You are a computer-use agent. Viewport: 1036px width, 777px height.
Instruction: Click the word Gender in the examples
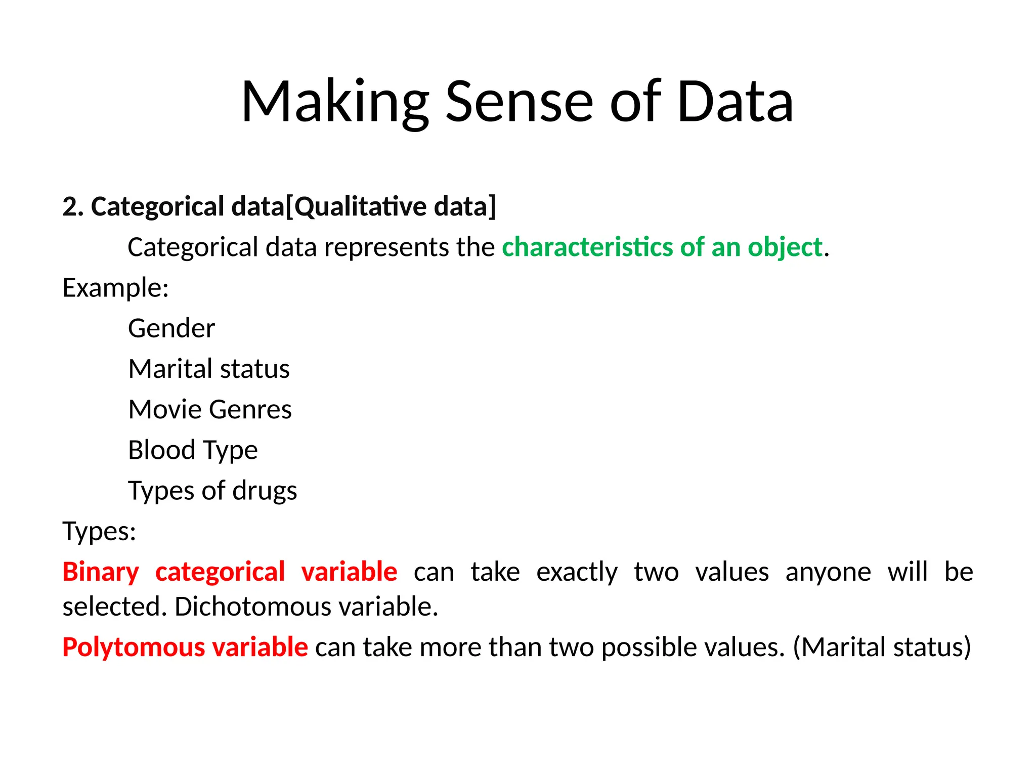pyautogui.click(x=171, y=328)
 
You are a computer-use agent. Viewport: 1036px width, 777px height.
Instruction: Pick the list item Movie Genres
pyautogui.click(x=210, y=409)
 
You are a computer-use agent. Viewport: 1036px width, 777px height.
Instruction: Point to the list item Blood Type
pyautogui.click(x=193, y=450)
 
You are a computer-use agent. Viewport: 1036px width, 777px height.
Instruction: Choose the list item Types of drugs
pyautogui.click(x=212, y=491)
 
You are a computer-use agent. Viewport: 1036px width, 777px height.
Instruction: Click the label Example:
pyautogui.click(x=115, y=288)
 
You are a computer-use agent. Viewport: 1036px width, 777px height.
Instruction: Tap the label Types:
pyautogui.click(x=99, y=531)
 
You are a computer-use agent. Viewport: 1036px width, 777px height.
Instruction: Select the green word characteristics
pyautogui.click(x=587, y=247)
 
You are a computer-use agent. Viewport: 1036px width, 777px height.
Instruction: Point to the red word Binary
pyautogui.click(x=101, y=572)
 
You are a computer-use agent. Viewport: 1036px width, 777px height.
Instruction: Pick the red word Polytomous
pyautogui.click(x=134, y=647)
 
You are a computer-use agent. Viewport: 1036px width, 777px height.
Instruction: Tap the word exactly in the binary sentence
pyautogui.click(x=577, y=572)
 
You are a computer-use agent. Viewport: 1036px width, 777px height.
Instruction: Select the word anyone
pyautogui.click(x=828, y=572)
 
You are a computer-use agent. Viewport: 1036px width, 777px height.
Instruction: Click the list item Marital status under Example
pyautogui.click(x=209, y=369)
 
